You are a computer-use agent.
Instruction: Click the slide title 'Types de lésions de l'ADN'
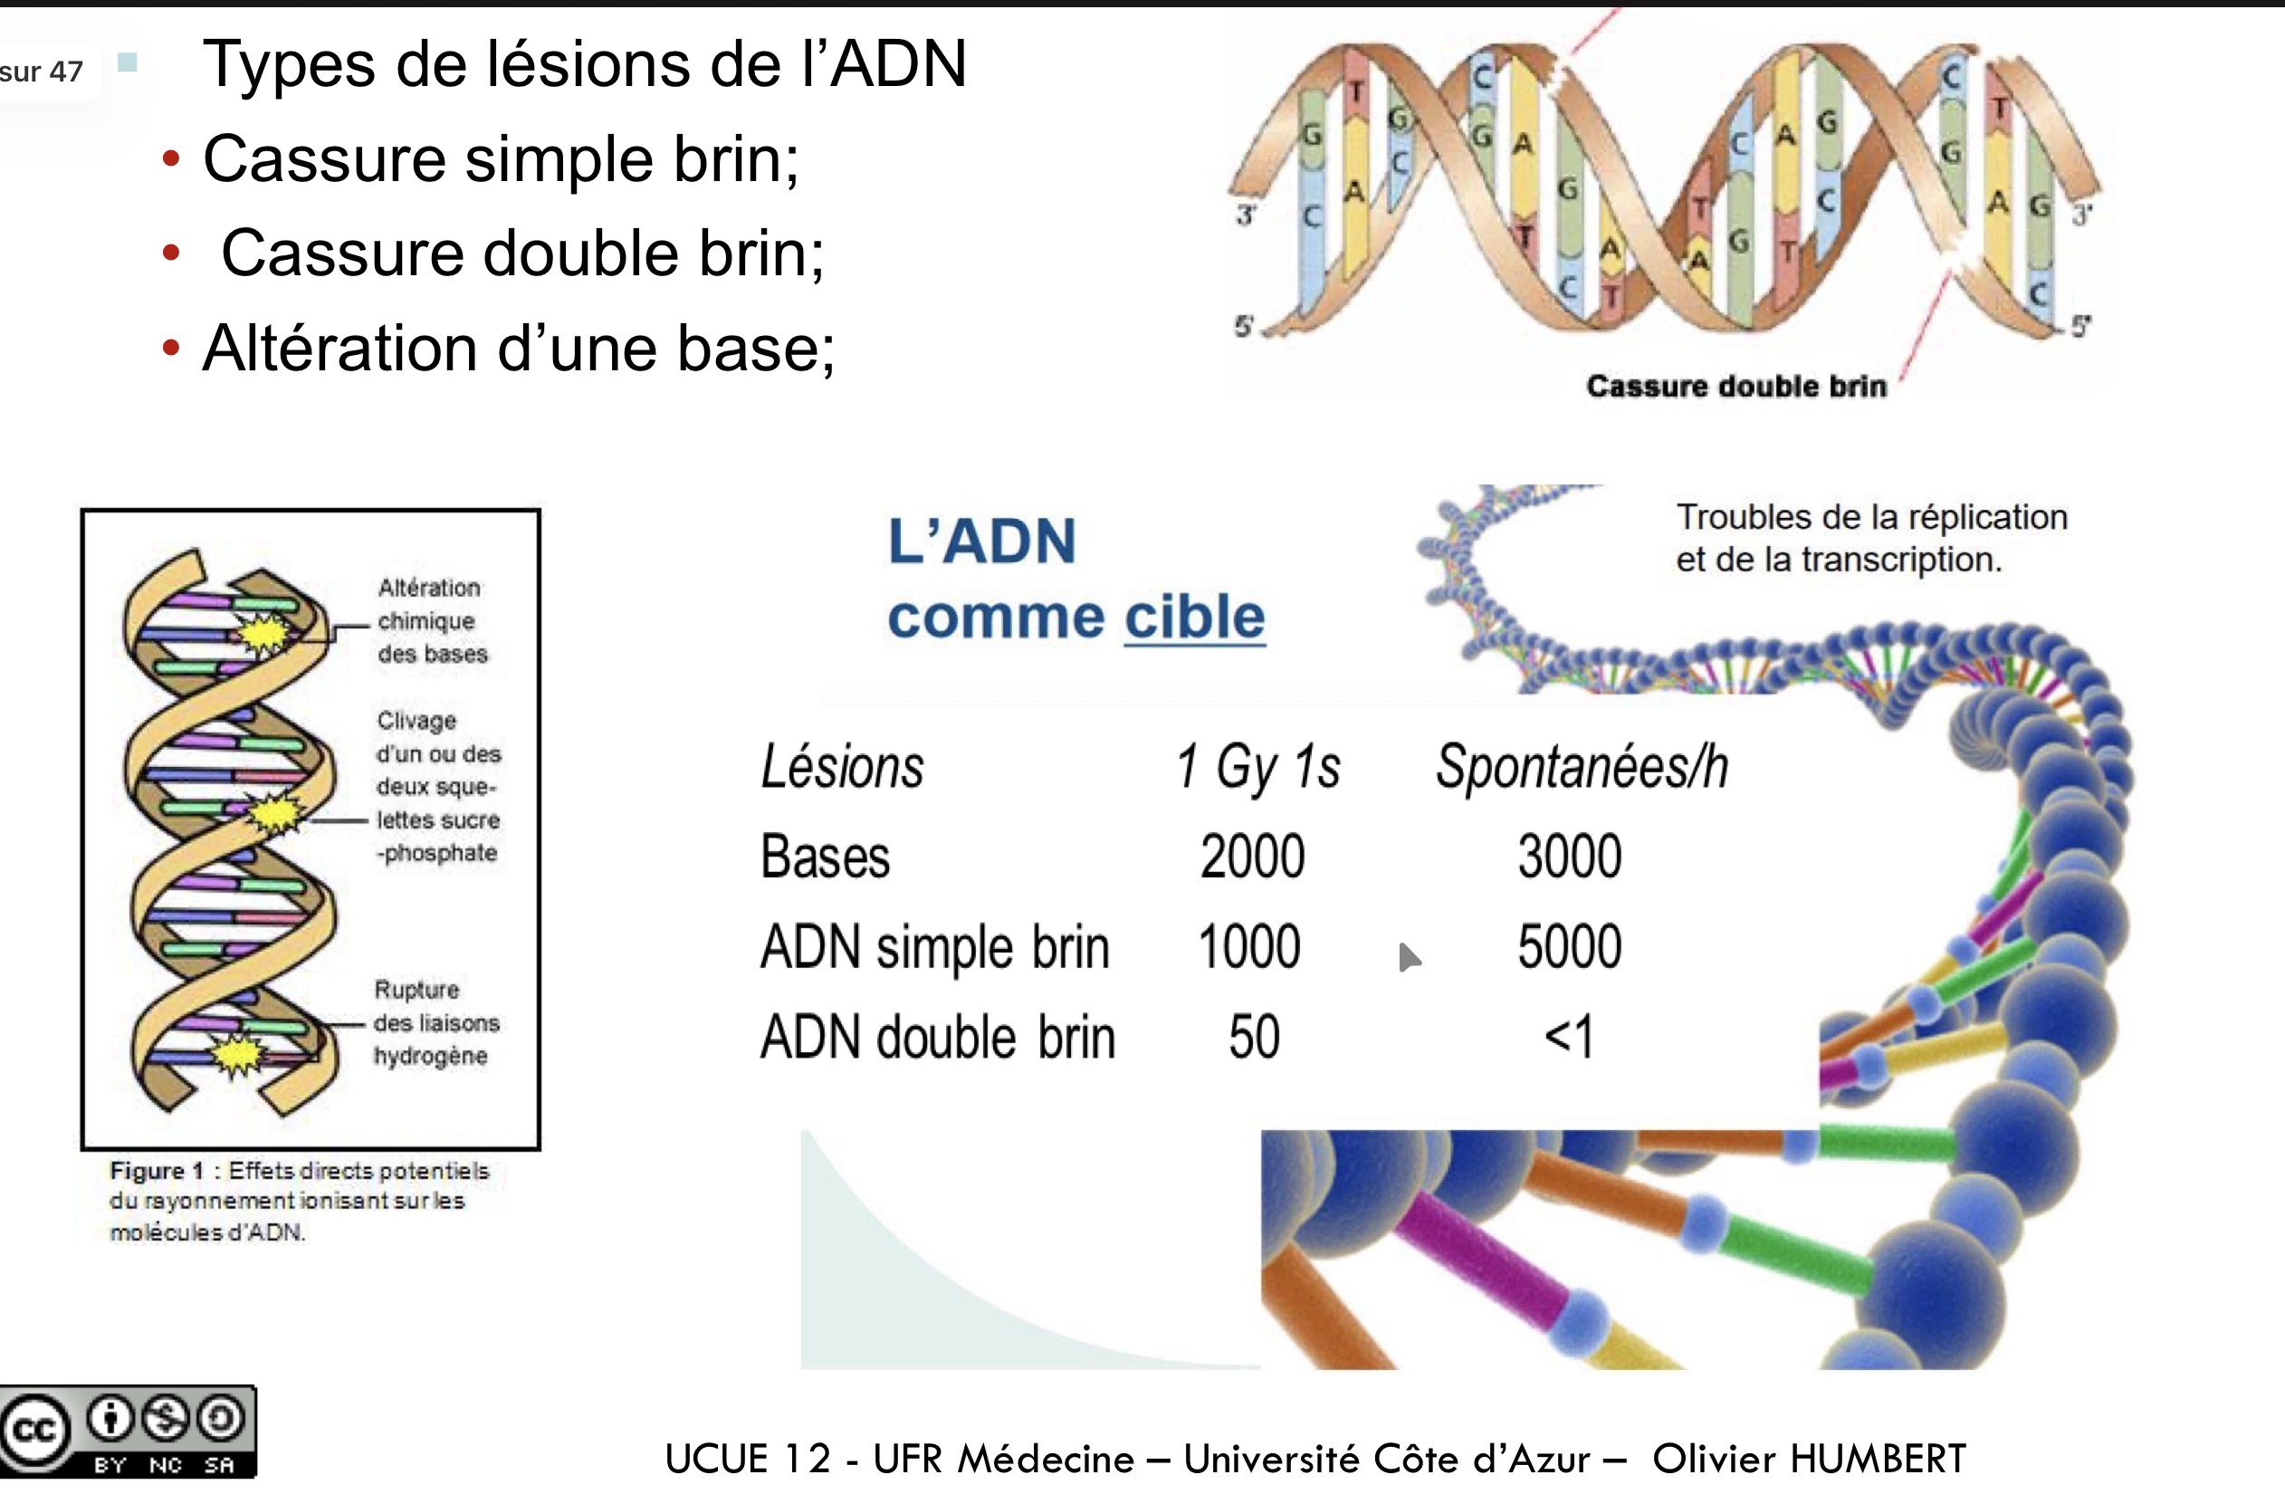[x=584, y=65]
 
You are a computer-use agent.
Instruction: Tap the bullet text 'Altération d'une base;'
[x=519, y=348]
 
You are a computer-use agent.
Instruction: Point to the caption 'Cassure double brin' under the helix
[x=1735, y=386]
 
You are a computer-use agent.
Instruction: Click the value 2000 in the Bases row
[x=1252, y=857]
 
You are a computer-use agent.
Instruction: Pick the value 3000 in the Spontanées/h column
[x=1570, y=857]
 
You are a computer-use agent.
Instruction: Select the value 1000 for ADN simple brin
[x=1249, y=947]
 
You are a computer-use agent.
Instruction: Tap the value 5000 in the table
[x=1570, y=947]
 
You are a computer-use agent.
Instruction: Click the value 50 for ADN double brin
[x=1254, y=1037]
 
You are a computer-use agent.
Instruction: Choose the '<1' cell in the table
[x=1569, y=1037]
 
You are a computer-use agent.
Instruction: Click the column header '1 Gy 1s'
[x=1257, y=767]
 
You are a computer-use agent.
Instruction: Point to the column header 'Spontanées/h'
[x=1582, y=767]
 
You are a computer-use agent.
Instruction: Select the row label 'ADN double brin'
[x=937, y=1038]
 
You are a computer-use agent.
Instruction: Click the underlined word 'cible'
[x=1194, y=617]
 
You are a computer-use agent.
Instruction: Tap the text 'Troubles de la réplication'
[x=1871, y=518]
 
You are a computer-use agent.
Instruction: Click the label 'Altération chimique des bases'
[x=431, y=620]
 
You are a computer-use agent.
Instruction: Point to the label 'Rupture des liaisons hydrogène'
[x=435, y=1022]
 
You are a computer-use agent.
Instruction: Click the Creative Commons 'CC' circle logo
[x=34, y=1431]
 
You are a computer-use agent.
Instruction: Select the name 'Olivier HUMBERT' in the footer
[x=1809, y=1459]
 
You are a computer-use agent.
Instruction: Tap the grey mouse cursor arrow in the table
[x=1409, y=956]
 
